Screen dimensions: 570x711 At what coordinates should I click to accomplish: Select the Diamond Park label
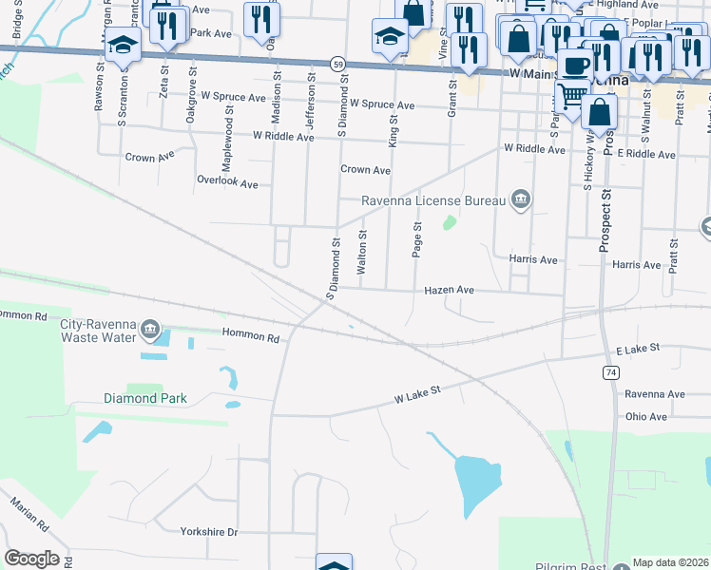tap(145, 399)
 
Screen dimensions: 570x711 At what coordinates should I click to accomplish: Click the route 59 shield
tap(337, 63)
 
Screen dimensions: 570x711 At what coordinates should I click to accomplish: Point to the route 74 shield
tap(609, 371)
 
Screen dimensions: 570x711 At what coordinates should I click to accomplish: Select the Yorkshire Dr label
tap(211, 532)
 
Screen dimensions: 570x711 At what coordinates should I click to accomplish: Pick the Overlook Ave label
tap(227, 181)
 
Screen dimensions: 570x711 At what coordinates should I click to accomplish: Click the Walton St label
tap(362, 253)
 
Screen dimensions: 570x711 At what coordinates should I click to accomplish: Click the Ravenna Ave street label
tap(655, 393)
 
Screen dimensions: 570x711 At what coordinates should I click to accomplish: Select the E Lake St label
tap(637, 350)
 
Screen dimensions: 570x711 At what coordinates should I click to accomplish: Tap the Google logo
tap(31, 559)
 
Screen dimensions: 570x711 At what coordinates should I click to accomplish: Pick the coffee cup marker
tap(574, 65)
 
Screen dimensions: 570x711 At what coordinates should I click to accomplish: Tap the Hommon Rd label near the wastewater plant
tap(251, 336)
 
